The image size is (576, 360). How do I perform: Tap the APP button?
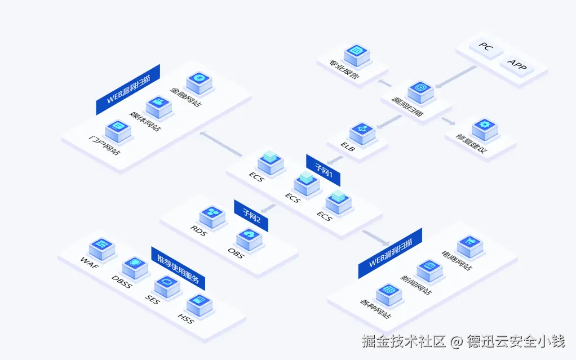coord(517,66)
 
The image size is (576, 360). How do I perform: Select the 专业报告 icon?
coord(356,54)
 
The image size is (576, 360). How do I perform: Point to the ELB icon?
coord(362,131)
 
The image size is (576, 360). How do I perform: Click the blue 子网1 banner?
coord(323,170)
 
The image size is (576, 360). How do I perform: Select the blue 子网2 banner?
coord(251,215)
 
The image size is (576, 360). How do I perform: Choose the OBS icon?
coord(249,236)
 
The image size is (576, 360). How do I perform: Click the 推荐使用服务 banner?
coord(178,268)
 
